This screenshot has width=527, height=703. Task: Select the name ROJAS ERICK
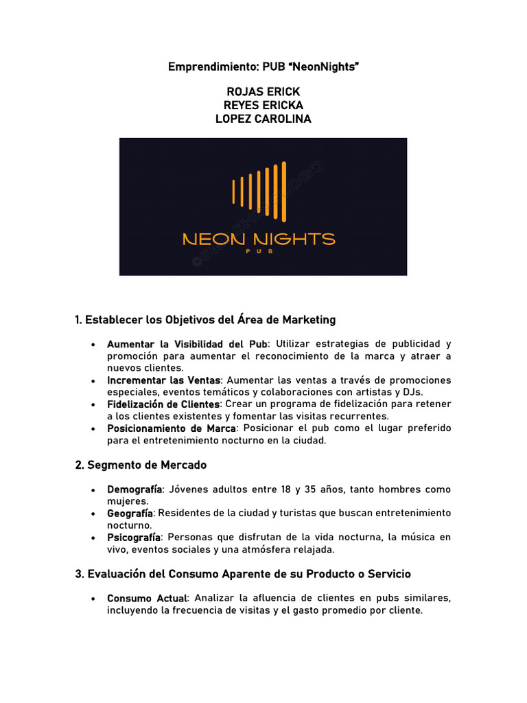coord(263,92)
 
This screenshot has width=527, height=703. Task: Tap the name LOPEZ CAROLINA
coord(263,119)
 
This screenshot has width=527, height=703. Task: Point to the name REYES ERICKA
coord(263,105)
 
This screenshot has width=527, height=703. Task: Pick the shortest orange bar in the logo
coord(234,191)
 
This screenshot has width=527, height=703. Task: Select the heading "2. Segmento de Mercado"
coord(141,465)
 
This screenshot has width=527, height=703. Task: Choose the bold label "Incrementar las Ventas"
coord(163,380)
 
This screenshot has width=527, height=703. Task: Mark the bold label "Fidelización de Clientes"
coord(163,404)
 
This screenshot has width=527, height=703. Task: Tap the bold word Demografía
coord(134,489)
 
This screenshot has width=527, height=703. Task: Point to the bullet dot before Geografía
coord(92,514)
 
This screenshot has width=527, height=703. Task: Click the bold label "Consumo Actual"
coord(146,599)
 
